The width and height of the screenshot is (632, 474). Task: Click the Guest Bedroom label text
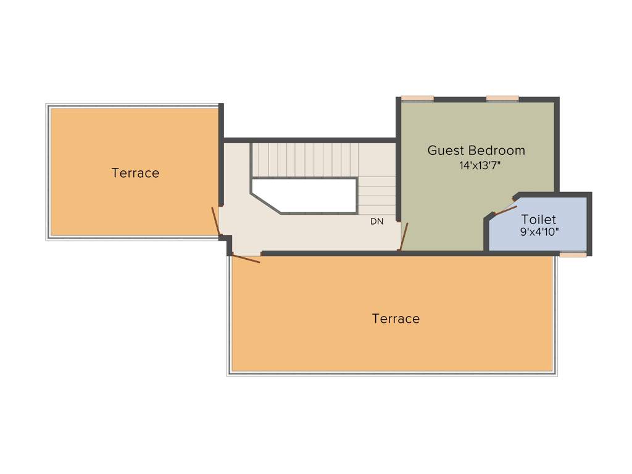(476, 151)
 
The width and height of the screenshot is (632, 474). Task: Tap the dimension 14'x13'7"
(476, 165)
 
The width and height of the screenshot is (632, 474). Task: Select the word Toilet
(538, 220)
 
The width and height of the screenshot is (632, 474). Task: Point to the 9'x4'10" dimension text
(539, 233)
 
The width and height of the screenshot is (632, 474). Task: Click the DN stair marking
(376, 222)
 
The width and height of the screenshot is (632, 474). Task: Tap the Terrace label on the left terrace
(135, 173)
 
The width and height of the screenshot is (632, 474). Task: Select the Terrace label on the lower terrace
(396, 319)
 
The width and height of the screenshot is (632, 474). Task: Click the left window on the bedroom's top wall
(417, 98)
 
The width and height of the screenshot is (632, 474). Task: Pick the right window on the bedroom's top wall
(502, 98)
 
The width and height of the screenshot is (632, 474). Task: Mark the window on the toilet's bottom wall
(573, 254)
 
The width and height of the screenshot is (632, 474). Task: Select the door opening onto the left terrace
(215, 222)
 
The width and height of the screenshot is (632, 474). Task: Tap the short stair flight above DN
(376, 195)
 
